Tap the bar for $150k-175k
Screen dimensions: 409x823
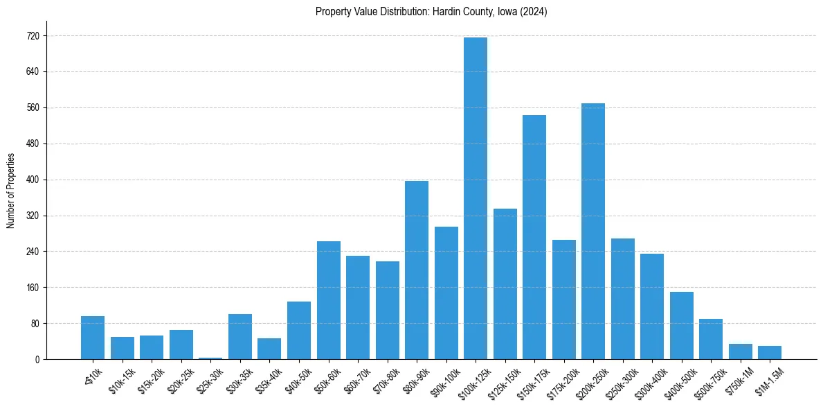[534, 237]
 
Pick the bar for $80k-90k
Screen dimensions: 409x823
[417, 270]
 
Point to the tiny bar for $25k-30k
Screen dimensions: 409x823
[210, 358]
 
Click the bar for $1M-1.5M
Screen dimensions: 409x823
[770, 352]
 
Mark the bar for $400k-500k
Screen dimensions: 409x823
[681, 325]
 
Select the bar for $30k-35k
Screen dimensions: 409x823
[240, 336]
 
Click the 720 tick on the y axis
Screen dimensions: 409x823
[32, 36]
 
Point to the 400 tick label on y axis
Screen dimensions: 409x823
[32, 180]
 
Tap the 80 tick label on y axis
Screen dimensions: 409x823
[34, 324]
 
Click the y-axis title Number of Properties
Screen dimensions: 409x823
[10, 191]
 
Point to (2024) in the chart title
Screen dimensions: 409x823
[534, 12]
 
